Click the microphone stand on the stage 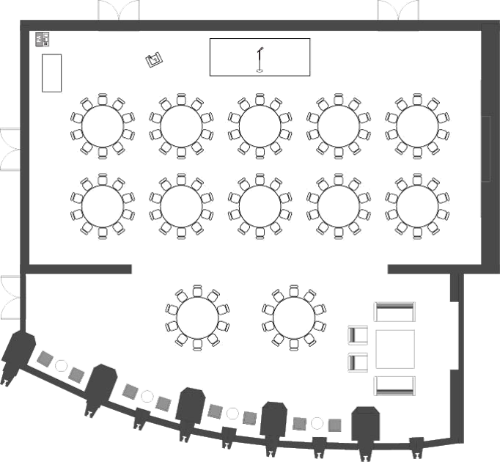[260, 59]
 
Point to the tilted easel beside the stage [153, 59]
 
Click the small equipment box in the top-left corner [43, 38]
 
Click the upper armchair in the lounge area [358, 335]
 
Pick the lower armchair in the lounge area [358, 362]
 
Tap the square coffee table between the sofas [394, 349]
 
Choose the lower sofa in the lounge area [394, 384]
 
